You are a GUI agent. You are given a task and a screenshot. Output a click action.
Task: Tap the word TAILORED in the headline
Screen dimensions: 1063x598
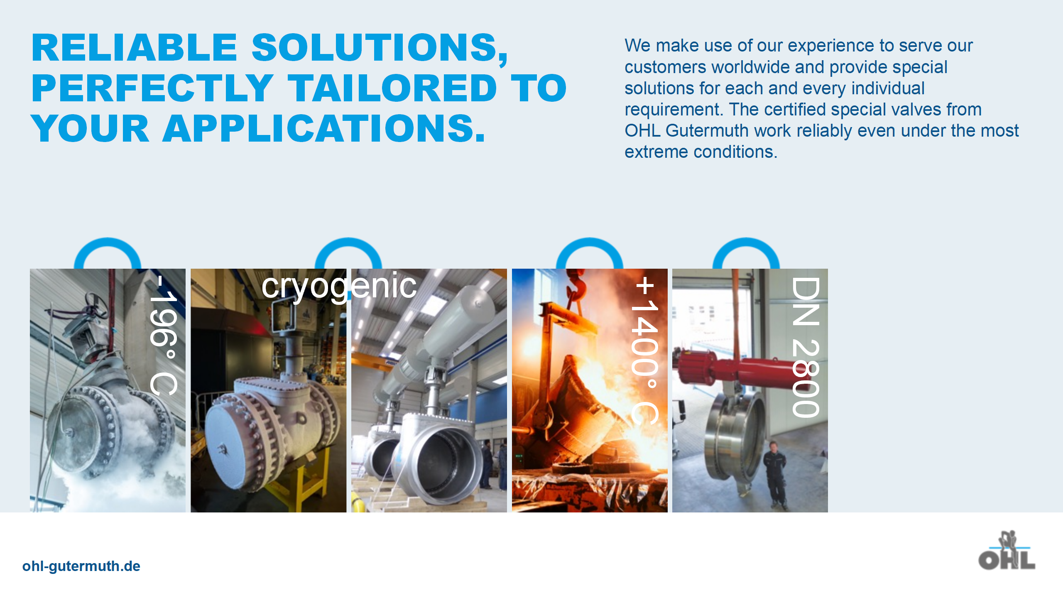coord(392,88)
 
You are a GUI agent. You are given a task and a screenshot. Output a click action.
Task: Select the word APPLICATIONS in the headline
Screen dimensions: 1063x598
coord(324,129)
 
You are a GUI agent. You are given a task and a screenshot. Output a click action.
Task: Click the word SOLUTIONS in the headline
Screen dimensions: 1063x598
coord(380,49)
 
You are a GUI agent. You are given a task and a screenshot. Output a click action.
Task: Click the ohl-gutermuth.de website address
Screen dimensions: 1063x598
coord(81,566)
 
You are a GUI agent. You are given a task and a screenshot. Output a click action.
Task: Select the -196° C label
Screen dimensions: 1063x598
coord(164,335)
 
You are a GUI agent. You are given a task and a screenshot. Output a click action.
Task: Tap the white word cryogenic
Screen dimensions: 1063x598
coord(339,287)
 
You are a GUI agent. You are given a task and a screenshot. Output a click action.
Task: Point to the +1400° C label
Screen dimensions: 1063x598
coord(645,350)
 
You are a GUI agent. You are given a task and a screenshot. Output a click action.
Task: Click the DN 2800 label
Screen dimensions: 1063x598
coord(806,347)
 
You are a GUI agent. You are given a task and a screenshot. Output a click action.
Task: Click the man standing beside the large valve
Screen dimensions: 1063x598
coord(775,475)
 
